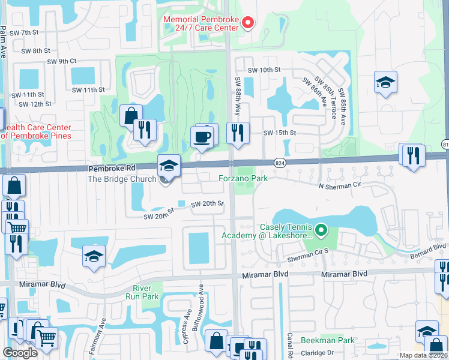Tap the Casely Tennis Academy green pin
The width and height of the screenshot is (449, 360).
[x=322, y=230]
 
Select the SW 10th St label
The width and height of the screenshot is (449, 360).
[x=264, y=70]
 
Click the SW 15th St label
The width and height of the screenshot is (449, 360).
[x=280, y=132]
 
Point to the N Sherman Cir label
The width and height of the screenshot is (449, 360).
[x=343, y=187]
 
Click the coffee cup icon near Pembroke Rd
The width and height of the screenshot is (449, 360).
[x=202, y=137]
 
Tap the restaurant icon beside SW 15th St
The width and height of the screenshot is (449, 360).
[x=238, y=132]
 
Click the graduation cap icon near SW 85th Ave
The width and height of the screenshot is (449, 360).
[x=385, y=82]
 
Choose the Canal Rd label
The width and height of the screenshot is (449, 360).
[x=289, y=343]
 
